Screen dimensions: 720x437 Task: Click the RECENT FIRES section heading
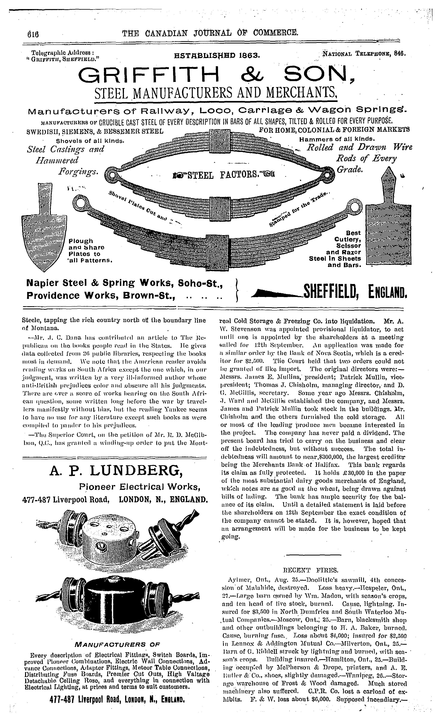(311, 570)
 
